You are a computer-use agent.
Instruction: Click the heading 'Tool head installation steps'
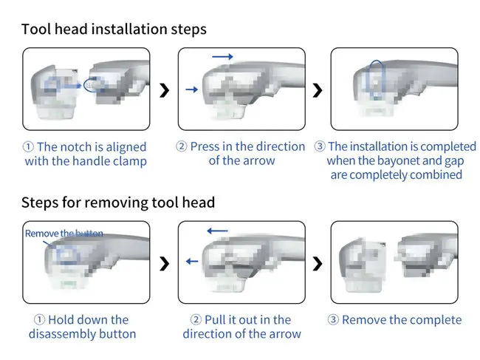[x=114, y=30]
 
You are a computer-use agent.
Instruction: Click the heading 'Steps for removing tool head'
[x=118, y=203]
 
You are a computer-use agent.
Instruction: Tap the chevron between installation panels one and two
[x=164, y=89]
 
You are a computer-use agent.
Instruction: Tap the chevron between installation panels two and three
[x=318, y=89]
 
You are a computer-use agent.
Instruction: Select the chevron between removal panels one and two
[x=164, y=262]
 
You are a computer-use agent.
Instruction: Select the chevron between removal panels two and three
[x=318, y=262]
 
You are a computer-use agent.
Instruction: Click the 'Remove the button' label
[x=64, y=234]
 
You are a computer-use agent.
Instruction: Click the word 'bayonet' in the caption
[x=400, y=160]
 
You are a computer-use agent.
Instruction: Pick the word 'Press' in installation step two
[x=205, y=146]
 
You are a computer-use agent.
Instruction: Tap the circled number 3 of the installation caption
[x=320, y=147]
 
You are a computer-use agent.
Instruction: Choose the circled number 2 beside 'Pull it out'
[x=196, y=320]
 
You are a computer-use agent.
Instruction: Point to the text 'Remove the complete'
[x=402, y=320]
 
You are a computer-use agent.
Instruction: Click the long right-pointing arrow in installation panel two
[x=222, y=56]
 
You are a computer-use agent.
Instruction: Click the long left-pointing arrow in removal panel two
[x=217, y=231]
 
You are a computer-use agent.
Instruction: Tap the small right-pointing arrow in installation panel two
[x=191, y=89]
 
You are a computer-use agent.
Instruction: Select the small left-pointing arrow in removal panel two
[x=191, y=261]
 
